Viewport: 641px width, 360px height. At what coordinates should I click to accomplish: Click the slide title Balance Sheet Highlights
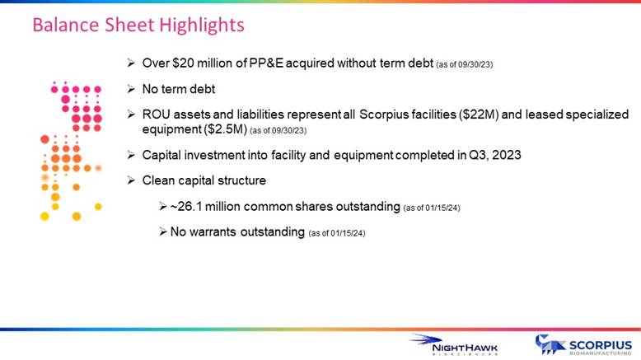(x=138, y=26)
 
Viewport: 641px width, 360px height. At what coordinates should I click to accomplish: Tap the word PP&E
(x=266, y=63)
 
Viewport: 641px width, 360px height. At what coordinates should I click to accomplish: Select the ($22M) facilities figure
(x=479, y=115)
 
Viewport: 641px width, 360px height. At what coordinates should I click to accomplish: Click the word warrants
(x=213, y=232)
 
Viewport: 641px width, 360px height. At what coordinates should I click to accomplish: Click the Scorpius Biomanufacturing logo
(x=583, y=345)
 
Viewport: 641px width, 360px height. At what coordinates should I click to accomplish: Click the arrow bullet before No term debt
(x=131, y=89)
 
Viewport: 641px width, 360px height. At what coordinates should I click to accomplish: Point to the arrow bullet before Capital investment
(x=131, y=155)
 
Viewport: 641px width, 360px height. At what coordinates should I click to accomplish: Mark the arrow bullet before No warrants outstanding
(x=162, y=232)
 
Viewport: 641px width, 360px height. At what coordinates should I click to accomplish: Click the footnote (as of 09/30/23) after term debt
(x=465, y=65)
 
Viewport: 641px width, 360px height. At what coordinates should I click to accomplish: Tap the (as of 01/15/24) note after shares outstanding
(x=432, y=208)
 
